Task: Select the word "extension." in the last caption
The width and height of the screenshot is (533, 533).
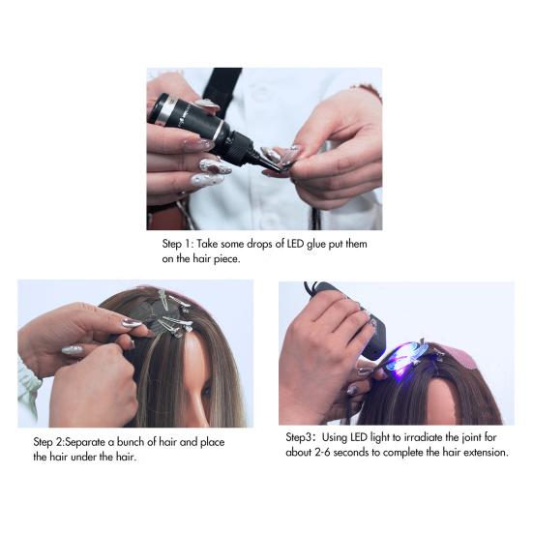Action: coord(480,452)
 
